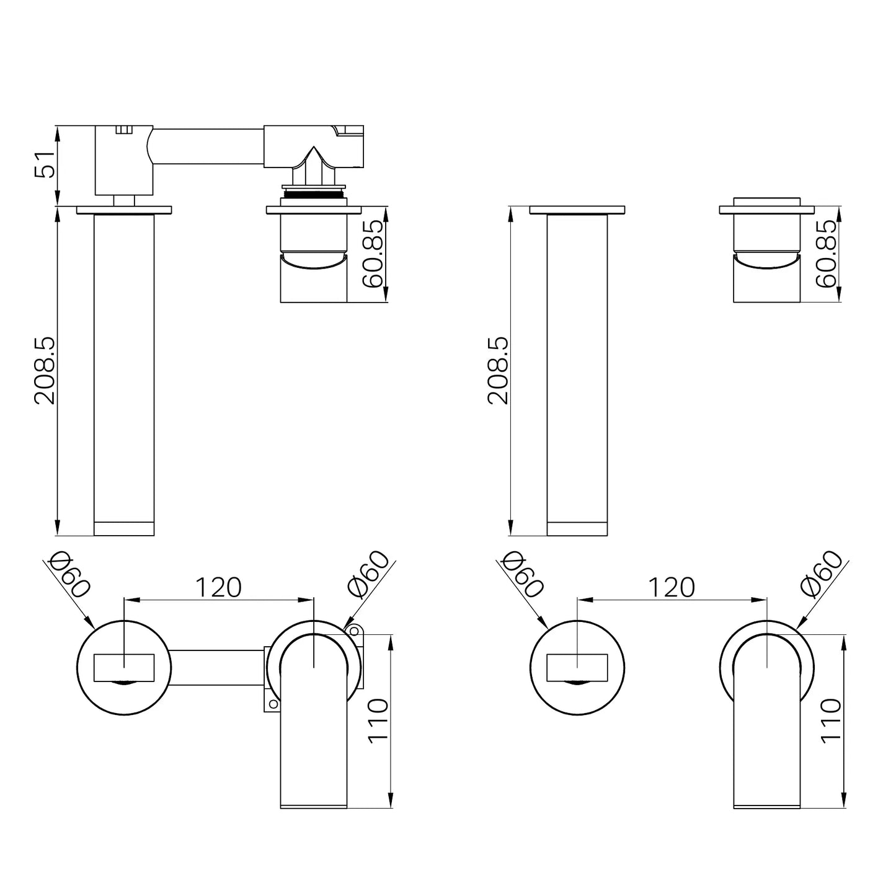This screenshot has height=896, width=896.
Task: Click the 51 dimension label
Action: click(45, 164)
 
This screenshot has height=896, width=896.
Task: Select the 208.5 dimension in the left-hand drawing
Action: click(45, 370)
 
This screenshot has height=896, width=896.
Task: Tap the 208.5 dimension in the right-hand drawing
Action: click(498, 370)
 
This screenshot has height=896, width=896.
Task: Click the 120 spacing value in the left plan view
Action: click(218, 587)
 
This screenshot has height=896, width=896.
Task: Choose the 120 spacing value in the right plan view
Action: click(672, 587)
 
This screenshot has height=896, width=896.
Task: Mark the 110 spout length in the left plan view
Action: click(378, 719)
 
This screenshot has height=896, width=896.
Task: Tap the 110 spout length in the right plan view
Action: click(831, 719)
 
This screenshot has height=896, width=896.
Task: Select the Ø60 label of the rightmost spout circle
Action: click(822, 574)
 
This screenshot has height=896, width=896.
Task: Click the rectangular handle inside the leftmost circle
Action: click(124, 667)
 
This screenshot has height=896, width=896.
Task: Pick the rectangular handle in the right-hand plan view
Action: click(577, 667)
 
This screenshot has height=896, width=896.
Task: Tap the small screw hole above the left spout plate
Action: click(354, 631)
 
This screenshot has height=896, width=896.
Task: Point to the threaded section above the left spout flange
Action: click(313, 193)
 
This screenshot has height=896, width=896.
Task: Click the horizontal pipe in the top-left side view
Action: click(208, 146)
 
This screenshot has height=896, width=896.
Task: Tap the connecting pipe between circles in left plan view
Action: click(217, 667)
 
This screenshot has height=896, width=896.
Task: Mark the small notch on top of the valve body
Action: click(125, 130)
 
